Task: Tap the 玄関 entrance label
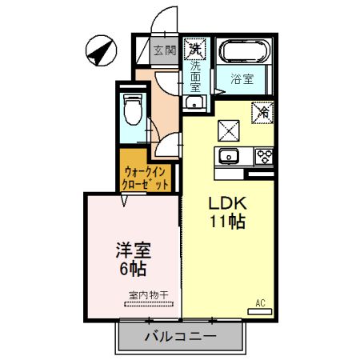point(164,50)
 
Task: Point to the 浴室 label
point(243,79)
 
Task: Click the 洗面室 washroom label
point(195,78)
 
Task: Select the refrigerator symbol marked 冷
point(262,113)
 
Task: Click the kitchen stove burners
point(264,154)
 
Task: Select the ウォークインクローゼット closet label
point(146,177)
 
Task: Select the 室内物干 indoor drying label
point(148,295)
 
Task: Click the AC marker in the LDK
point(260,302)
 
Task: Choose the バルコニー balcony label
point(180,337)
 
